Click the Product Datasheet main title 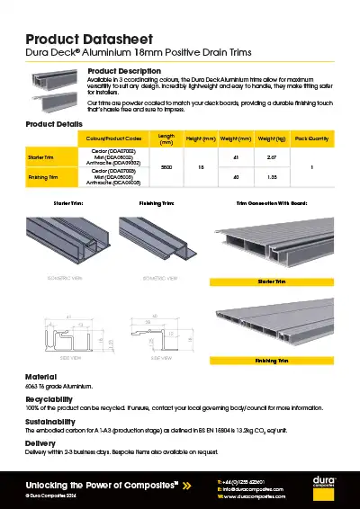(x=83, y=40)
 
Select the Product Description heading (x=124, y=70)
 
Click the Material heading (x=40, y=377)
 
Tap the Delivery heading (x=40, y=442)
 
